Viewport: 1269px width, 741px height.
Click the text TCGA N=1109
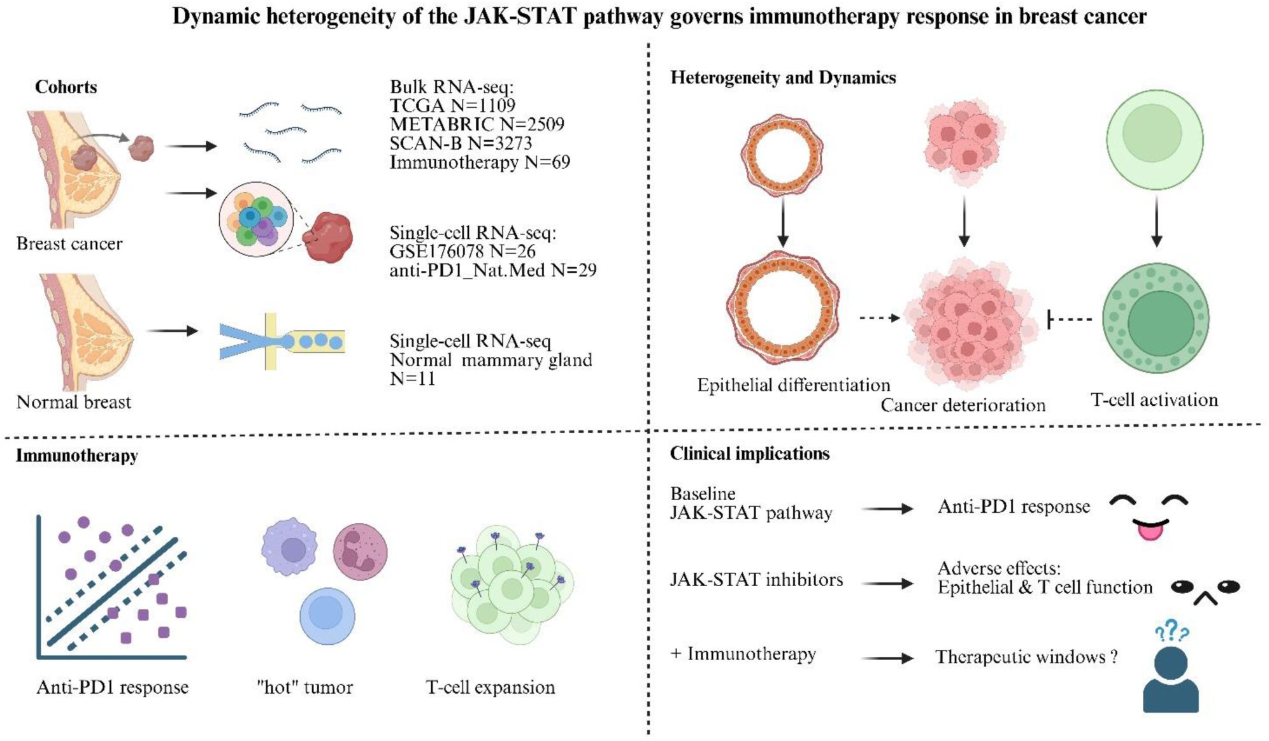(x=452, y=105)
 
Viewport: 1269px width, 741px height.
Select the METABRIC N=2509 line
(x=477, y=124)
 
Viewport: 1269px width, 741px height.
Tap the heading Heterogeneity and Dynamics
(x=783, y=78)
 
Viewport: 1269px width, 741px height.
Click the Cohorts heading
(x=66, y=87)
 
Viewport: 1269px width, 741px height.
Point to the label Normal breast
(x=73, y=402)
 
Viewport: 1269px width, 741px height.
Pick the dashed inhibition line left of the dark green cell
(x=1070, y=319)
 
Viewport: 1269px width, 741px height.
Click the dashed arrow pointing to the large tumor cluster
(x=879, y=317)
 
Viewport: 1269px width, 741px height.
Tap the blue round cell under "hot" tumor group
(x=327, y=615)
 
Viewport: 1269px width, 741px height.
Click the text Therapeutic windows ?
(x=1026, y=657)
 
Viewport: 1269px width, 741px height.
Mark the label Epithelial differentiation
(x=793, y=385)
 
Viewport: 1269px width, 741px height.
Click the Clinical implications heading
(x=749, y=454)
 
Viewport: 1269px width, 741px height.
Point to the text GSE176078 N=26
(x=462, y=252)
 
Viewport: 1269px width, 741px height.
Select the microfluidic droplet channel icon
(x=282, y=342)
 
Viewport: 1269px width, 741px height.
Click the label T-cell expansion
(x=491, y=687)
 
